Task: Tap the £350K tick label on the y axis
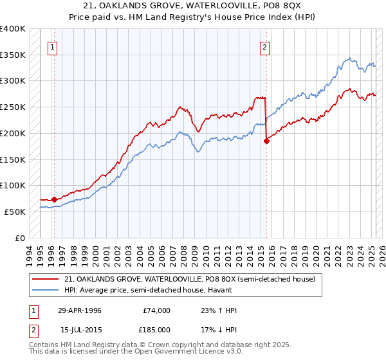click(x=13, y=55)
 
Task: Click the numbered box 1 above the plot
click(x=52, y=46)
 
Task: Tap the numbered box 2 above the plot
click(x=264, y=46)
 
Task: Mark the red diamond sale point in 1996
click(x=54, y=199)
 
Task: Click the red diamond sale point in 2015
click(x=266, y=141)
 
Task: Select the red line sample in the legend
click(x=46, y=280)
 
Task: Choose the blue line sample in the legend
click(x=46, y=291)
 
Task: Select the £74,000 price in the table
click(x=156, y=310)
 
